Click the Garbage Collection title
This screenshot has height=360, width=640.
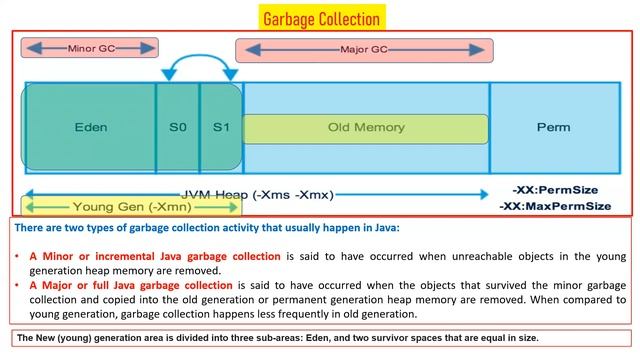coord(321,18)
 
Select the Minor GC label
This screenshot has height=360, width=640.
coord(90,47)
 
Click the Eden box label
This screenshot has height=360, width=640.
coord(90,128)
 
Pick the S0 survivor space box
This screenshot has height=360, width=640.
coord(177,128)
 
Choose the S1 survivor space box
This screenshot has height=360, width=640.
coord(220,128)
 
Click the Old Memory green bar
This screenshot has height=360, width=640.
coord(365,128)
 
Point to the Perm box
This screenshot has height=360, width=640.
coord(553,128)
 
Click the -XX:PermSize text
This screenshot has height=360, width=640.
coord(553,189)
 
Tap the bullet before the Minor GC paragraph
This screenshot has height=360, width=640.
coord(18,256)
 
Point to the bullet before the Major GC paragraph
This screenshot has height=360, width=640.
coord(18,285)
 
